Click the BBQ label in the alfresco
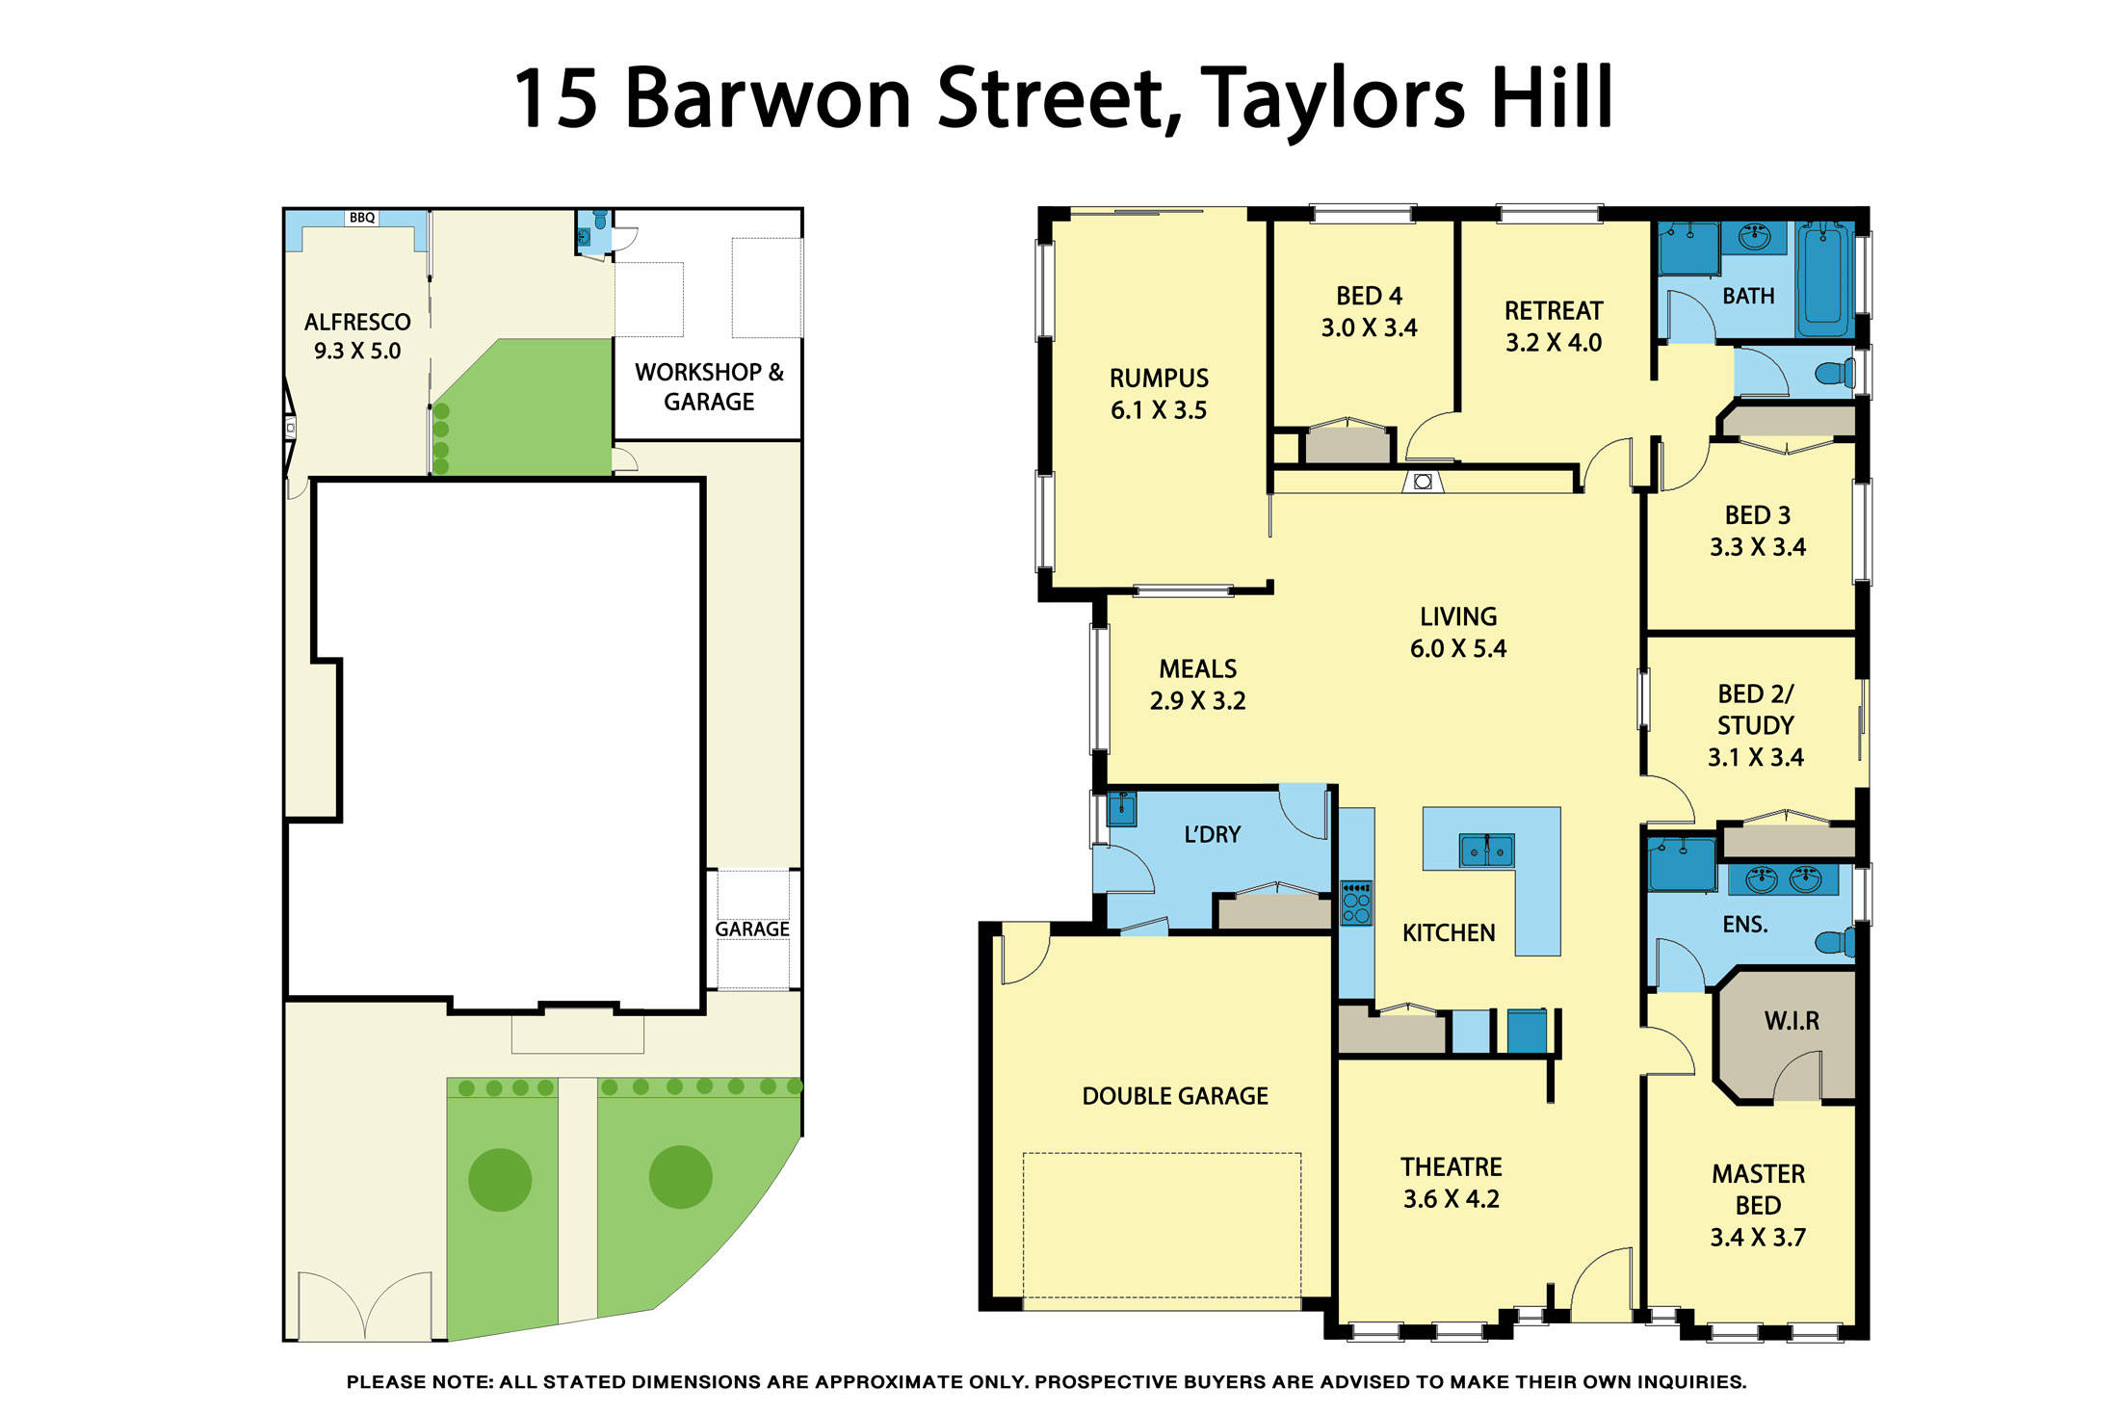362,218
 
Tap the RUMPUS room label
1158,378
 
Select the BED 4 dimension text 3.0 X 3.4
1369,327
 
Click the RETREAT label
1553,310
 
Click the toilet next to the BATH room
1835,373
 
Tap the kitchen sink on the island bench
1486,850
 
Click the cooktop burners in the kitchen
1356,903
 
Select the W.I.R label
1792,1021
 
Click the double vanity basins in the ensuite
1783,878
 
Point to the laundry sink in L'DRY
1122,808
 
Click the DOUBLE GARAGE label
1174,1096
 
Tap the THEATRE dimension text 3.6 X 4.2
1451,1199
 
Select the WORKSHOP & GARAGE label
709,386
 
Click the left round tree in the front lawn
500,1179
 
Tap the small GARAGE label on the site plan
751,929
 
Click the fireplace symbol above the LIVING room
1423,481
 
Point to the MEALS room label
1197,668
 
